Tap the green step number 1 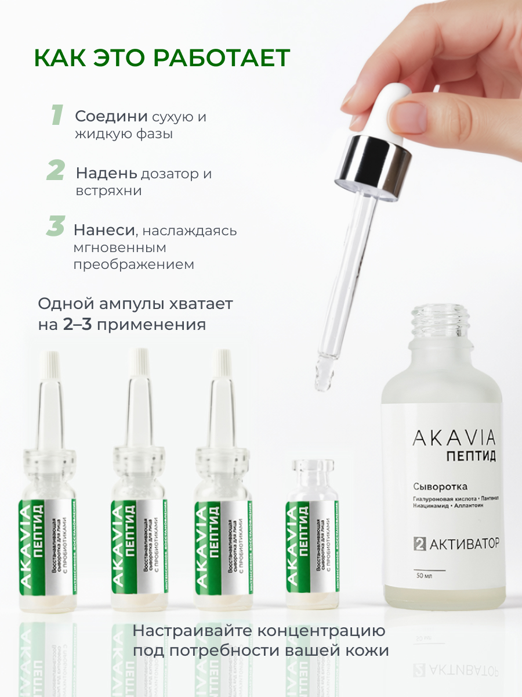tap(57, 116)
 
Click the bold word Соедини tap(111, 116)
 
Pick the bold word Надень tap(107, 173)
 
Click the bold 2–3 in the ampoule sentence tap(78, 324)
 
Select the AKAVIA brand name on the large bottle tap(454, 438)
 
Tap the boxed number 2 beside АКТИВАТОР tap(419, 544)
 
